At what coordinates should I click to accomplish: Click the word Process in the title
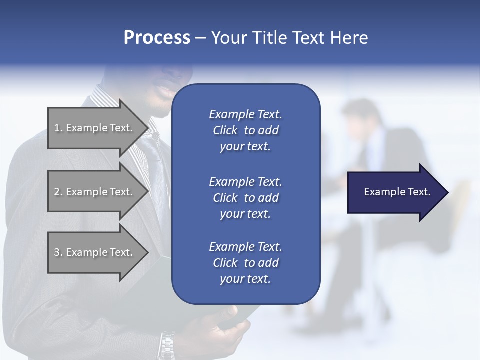click(157, 38)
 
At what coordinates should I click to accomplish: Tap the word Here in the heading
click(349, 38)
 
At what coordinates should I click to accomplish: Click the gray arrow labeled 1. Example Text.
click(95, 128)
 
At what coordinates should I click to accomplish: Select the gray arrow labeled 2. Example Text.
click(95, 192)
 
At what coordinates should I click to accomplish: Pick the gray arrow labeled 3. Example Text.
click(95, 252)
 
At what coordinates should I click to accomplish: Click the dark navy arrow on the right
click(395, 192)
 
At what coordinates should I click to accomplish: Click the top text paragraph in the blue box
click(245, 130)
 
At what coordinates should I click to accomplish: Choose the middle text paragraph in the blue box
click(245, 197)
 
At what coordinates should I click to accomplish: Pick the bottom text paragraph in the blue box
click(245, 262)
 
